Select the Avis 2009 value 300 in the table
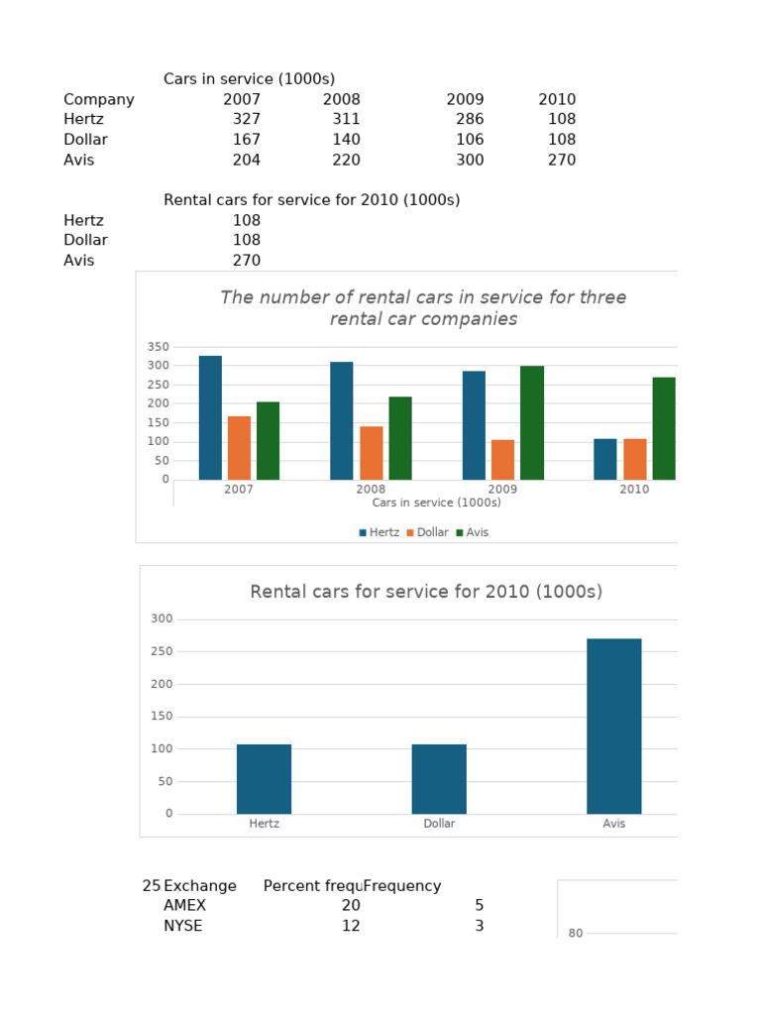470,160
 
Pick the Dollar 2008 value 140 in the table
346,140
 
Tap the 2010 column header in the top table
557,99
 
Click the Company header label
99,99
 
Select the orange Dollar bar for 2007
239,448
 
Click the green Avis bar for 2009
532,423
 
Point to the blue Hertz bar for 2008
341,421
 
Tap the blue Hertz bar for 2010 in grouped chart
605,459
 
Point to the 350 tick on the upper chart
159,347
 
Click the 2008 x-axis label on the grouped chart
371,490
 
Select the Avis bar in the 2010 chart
614,727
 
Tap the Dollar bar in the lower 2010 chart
439,779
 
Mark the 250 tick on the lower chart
162,651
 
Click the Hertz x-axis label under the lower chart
265,824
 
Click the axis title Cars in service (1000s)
436,503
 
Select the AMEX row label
184,906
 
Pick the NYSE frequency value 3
479,926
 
